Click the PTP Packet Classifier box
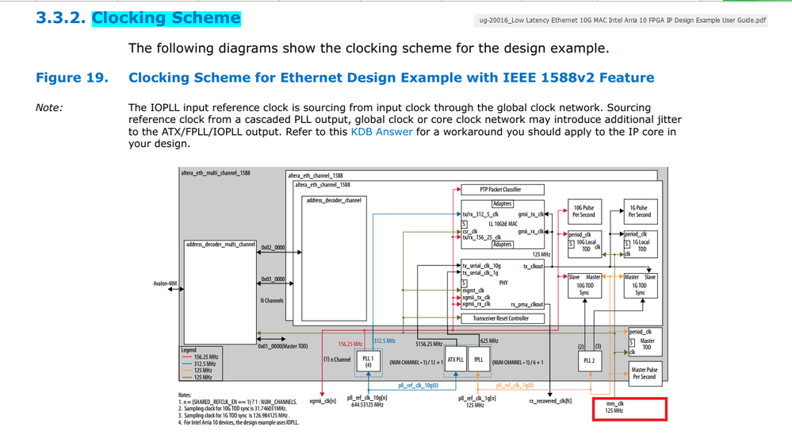[500, 190]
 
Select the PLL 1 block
[368, 361]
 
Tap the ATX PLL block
[455, 359]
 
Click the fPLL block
[479, 359]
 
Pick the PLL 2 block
[588, 360]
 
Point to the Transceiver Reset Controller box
[500, 318]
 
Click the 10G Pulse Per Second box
[583, 211]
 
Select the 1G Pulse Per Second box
[639, 211]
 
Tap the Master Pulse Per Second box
[644, 373]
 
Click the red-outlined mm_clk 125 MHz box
[631, 409]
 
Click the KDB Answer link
[381, 131]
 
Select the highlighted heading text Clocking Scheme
[166, 17]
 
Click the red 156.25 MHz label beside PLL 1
[350, 344]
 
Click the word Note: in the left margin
[49, 108]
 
